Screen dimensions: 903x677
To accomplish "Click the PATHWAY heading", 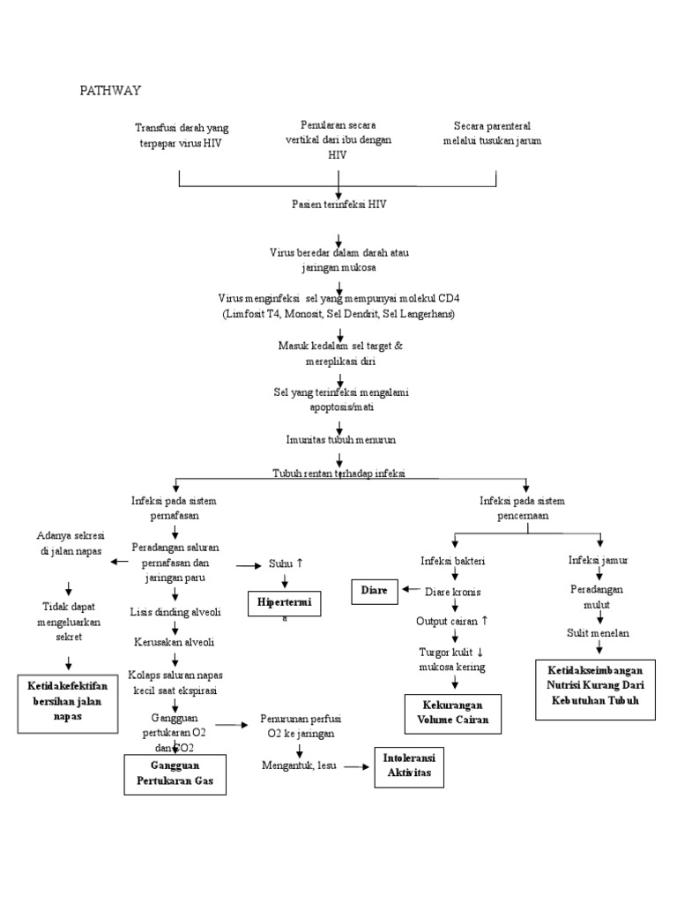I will tap(112, 90).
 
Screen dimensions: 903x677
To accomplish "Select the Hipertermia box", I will tap(285, 603).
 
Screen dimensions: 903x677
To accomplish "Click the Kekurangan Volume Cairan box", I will tap(452, 713).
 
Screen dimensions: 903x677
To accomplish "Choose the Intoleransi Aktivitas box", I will tap(409, 765).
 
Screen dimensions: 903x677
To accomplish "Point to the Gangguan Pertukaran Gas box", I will tap(175, 774).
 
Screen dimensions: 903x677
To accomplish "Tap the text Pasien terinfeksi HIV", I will tap(339, 204).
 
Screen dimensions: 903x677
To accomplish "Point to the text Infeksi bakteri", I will tap(453, 560).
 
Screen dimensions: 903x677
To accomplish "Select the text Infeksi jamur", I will tap(599, 560).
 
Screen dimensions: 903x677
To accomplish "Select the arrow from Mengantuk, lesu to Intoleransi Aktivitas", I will tap(354, 766).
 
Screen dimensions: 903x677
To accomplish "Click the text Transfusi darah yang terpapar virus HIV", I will tap(182, 135).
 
